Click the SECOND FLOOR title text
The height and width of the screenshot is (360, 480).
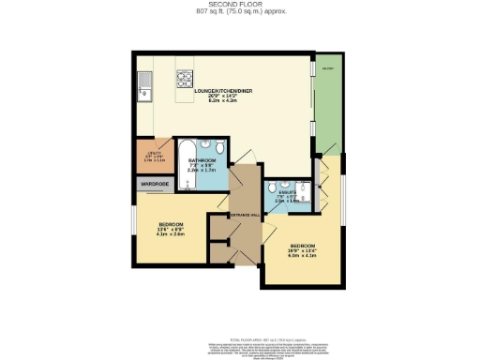[239, 5]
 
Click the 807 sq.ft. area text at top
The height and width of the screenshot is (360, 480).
[239, 12]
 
